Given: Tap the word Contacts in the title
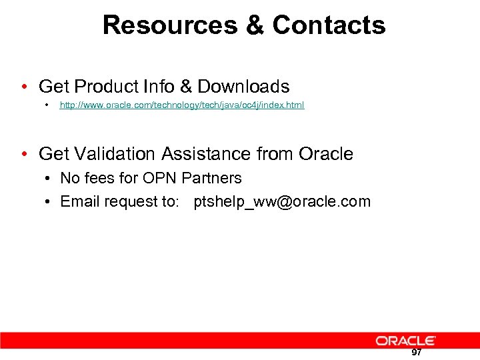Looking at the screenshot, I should tap(329, 25).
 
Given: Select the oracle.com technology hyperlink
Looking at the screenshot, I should tap(182, 105).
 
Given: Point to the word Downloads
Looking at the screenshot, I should tap(243, 87).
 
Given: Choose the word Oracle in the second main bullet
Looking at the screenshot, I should tap(326, 154).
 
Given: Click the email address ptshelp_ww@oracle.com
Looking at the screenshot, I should tap(282, 202).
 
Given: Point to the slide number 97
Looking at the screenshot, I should tap(416, 353).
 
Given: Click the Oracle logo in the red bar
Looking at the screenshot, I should tap(405, 341).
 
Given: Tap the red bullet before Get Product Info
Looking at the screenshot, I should tap(25, 87).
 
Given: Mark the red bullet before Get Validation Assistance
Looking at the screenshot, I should tap(25, 155).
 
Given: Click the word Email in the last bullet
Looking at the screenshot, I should tap(79, 202).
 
